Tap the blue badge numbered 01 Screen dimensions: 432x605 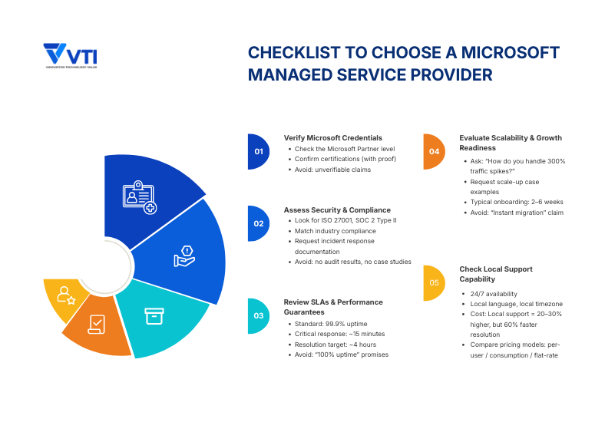coord(258,152)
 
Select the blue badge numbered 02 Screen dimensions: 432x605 coord(258,224)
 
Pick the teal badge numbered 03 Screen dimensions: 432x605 coord(258,315)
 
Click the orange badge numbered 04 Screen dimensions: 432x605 coord(434,152)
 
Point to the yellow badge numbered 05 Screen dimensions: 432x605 coord(434,282)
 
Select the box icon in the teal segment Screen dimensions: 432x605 coord(154,316)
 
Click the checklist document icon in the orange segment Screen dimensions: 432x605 coord(97,324)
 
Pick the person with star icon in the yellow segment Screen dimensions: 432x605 coord(65,295)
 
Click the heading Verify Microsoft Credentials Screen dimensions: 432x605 coord(332,138)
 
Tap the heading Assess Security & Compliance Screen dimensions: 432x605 coord(337,209)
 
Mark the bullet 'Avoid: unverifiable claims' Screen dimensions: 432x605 coord(332,170)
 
